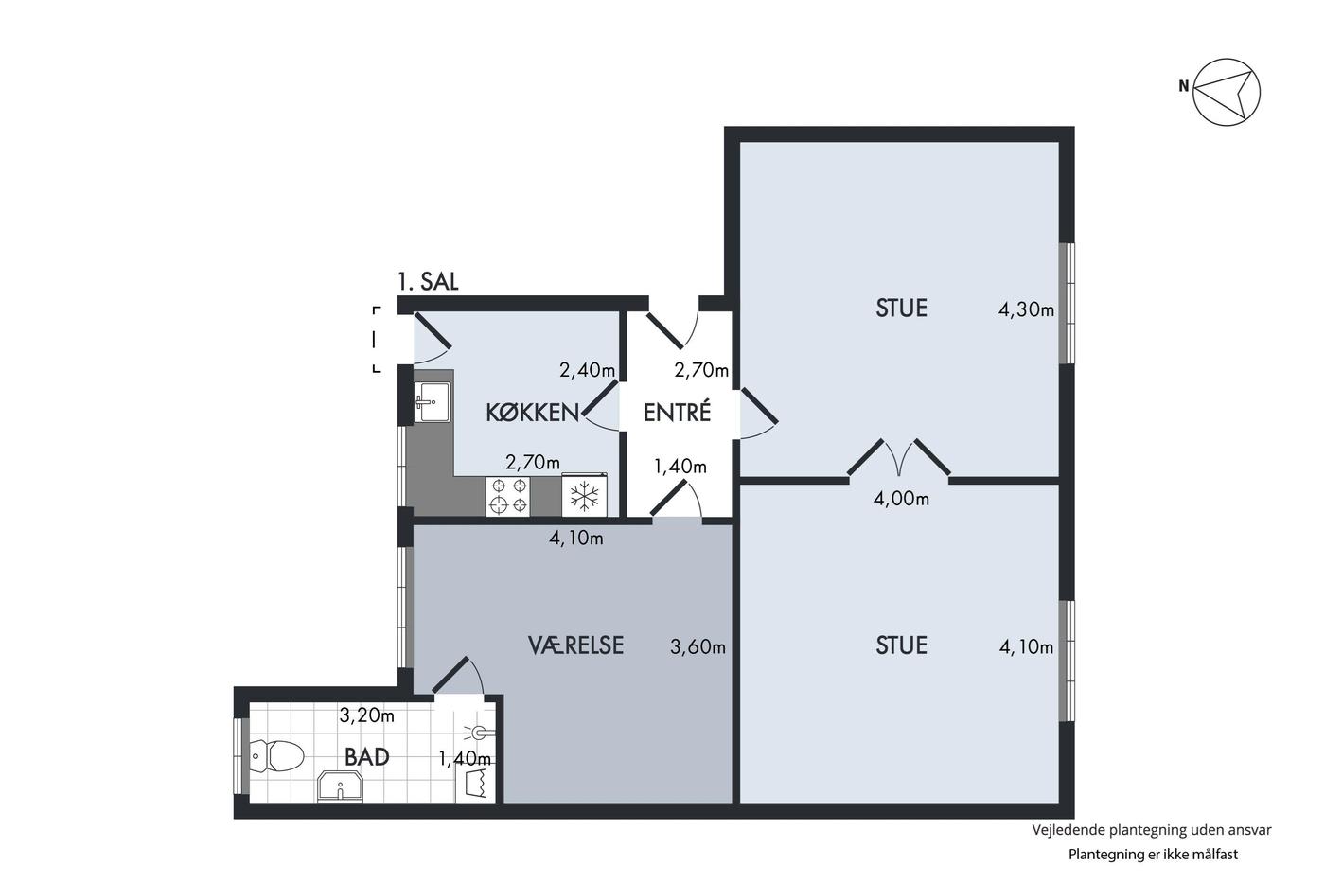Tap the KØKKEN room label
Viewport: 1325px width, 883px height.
coord(532,413)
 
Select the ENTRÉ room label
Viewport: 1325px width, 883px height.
coord(677,413)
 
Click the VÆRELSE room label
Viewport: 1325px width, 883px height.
coord(575,645)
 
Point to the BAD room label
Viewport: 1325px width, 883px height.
coord(367,757)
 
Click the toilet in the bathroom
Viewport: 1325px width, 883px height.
coord(276,755)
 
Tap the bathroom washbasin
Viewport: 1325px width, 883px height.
coord(340,786)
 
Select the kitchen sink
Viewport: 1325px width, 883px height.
coord(433,401)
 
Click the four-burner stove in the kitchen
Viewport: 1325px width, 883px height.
coord(507,496)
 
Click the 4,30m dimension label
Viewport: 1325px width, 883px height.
coord(1026,309)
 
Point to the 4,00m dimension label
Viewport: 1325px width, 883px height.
coord(901,499)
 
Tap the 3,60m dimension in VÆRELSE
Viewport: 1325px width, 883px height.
coord(698,646)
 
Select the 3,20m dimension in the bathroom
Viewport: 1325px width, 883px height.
coord(367,715)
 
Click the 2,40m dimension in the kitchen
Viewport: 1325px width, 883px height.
coord(588,370)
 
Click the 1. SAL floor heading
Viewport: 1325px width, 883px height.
coord(428,281)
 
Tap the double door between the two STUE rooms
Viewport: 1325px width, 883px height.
coord(899,458)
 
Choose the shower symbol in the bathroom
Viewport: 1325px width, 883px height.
coord(478,733)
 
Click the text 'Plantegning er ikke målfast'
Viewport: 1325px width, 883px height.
coord(1153,854)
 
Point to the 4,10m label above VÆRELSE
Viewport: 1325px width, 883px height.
coord(576,538)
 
